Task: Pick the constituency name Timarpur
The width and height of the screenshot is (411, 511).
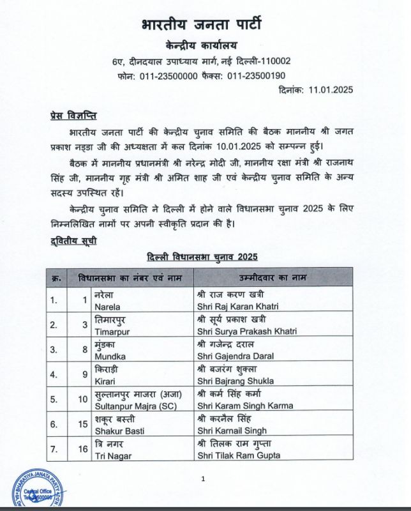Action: point(93,332)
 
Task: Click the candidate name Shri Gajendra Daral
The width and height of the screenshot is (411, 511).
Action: point(236,356)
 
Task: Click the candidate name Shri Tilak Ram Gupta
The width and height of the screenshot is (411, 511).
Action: point(239,455)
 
